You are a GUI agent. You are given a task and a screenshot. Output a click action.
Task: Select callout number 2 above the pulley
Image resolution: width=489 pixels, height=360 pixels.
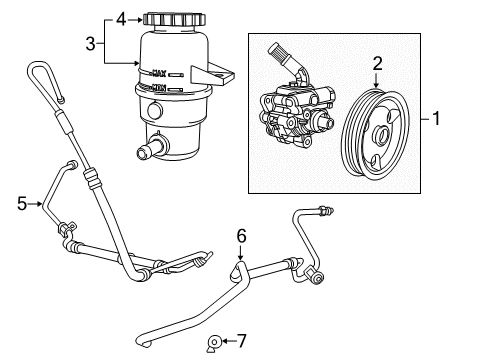pyautogui.click(x=378, y=63)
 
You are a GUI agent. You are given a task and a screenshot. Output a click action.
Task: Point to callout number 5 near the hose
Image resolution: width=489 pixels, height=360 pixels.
pyautogui.click(x=22, y=204)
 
